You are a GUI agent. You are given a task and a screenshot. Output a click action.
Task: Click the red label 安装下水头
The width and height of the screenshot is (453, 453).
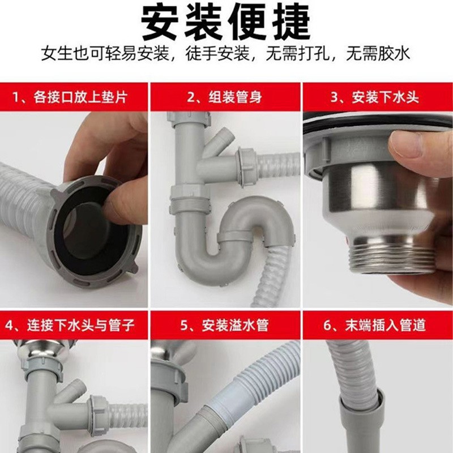(378, 97)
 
